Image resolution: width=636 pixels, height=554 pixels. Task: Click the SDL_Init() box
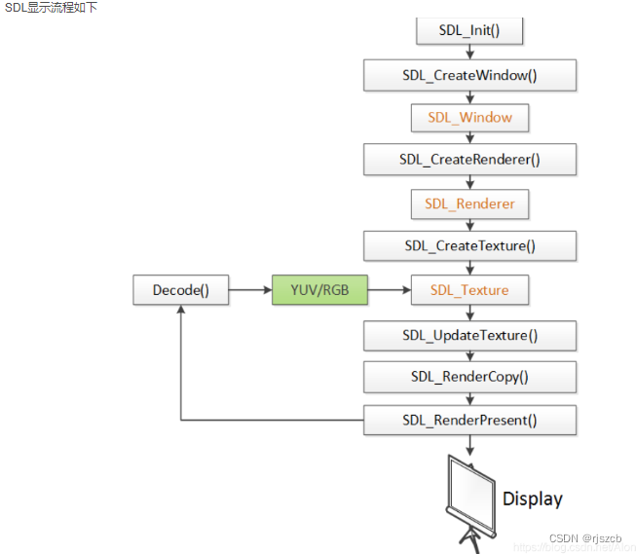point(469,30)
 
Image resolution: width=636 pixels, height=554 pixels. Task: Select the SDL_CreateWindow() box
point(469,75)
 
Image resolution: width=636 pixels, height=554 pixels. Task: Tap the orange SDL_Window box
point(469,118)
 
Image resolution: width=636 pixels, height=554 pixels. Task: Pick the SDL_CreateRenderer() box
point(469,160)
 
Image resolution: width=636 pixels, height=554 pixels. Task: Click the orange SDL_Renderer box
point(469,204)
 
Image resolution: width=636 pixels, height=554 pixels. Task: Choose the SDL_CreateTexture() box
point(469,246)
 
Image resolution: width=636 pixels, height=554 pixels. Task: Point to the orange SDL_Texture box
point(469,290)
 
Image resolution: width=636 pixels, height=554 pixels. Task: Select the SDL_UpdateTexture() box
point(469,336)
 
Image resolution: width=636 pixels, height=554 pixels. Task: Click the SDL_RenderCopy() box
point(469,377)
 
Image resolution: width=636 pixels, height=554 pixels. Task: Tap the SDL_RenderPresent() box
point(469,421)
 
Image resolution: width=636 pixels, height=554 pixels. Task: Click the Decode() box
point(181,290)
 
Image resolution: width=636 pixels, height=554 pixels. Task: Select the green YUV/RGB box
point(319,290)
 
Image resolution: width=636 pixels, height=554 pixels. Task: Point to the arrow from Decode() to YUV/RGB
point(250,290)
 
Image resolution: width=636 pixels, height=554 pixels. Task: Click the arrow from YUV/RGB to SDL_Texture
point(389,290)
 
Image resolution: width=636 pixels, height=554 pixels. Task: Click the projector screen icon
point(470,498)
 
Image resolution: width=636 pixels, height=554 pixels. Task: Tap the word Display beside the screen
point(532,499)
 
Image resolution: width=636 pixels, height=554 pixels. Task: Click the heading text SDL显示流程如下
point(50,8)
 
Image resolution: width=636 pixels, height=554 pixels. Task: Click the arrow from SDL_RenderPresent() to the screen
point(470,445)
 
